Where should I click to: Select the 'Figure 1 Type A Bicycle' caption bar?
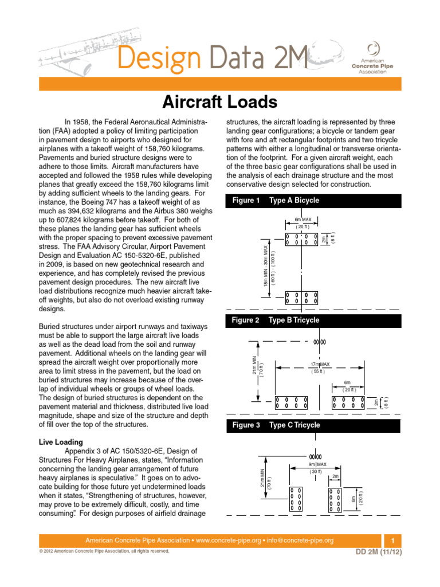tap(312, 201)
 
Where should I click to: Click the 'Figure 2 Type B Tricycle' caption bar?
tap(312, 320)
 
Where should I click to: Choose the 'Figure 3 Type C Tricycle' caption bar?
tap(312, 425)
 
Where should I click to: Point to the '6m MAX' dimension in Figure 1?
tap(302, 220)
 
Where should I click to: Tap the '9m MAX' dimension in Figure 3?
tap(317, 464)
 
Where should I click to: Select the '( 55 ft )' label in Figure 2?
tap(319, 371)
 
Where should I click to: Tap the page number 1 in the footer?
tap(392, 541)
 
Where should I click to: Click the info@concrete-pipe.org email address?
tap(301, 541)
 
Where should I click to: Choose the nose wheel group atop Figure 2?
tap(319, 342)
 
